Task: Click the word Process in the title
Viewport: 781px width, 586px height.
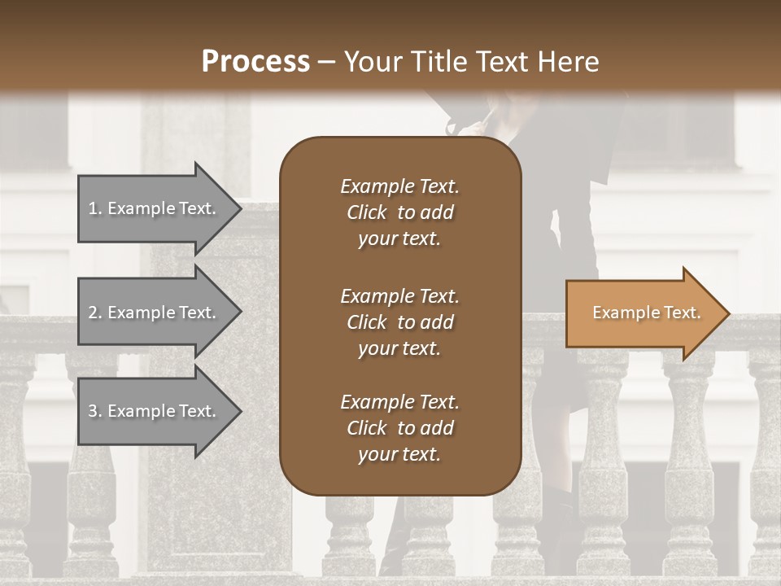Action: tap(255, 62)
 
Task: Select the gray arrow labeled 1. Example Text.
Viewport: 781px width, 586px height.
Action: tap(155, 208)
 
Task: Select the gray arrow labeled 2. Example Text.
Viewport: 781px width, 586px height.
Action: tap(155, 313)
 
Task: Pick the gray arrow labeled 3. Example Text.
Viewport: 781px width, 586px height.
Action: tap(155, 411)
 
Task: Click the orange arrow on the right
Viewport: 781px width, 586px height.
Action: tap(643, 313)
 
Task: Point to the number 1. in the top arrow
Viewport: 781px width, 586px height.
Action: tap(95, 209)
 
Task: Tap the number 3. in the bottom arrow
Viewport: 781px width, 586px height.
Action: tap(95, 412)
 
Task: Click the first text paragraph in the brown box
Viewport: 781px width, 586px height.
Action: tap(399, 212)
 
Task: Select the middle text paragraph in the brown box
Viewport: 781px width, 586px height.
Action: tap(399, 321)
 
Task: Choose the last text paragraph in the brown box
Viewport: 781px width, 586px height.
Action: tap(399, 428)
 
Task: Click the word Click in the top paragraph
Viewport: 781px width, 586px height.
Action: tap(367, 212)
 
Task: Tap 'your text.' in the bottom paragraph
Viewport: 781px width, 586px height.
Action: tap(399, 455)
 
